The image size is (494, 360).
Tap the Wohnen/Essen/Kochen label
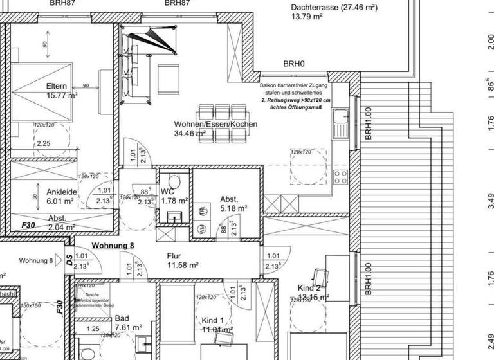point(215,123)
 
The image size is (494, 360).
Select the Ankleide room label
point(62,191)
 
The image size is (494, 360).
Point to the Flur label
point(174,255)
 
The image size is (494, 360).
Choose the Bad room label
point(122,318)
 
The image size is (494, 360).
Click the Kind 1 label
point(213,320)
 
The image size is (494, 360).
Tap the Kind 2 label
point(309,287)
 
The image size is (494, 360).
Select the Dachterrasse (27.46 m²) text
point(334,8)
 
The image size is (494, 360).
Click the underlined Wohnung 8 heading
point(113,245)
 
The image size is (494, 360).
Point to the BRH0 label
point(294,64)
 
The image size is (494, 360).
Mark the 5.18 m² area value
point(234,208)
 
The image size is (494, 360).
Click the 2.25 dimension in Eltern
point(44,143)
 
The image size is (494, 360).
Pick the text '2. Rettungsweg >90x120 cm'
point(296,101)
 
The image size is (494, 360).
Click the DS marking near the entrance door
point(69,259)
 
